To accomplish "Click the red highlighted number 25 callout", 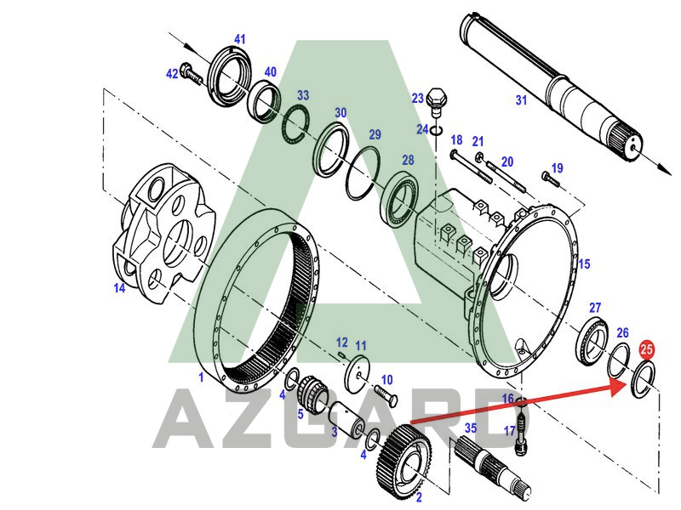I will (647, 348).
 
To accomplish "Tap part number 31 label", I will (521, 100).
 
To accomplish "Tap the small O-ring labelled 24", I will (436, 130).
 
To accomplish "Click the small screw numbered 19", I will (549, 179).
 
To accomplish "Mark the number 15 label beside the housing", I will (584, 264).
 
